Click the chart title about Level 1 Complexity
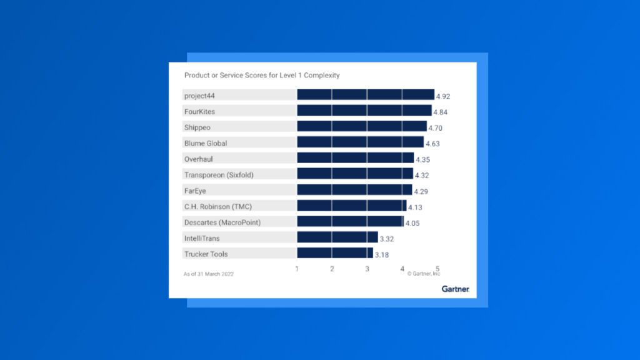(x=262, y=75)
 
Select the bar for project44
(x=365, y=95)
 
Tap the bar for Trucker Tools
(x=334, y=253)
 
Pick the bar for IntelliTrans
(x=337, y=237)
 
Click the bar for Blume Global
(x=360, y=142)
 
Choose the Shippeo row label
(x=197, y=127)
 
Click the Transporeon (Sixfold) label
(x=219, y=174)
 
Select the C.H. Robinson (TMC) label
(x=217, y=206)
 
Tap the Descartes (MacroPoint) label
(x=222, y=222)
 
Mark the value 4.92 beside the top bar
(x=442, y=96)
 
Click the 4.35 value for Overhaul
(x=422, y=160)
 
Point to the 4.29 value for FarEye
(x=421, y=191)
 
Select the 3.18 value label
(x=382, y=255)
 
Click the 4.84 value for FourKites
(x=440, y=112)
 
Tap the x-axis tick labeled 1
(x=297, y=269)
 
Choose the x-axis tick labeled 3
(x=367, y=269)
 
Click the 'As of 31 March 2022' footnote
(x=208, y=274)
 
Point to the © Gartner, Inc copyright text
(x=424, y=274)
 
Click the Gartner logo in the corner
(x=455, y=289)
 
